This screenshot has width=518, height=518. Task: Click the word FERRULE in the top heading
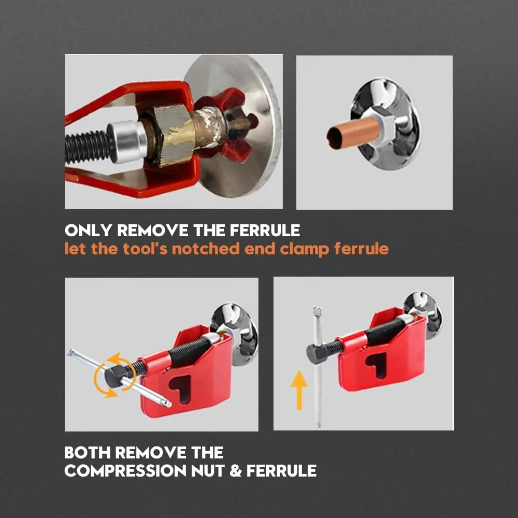click(x=265, y=231)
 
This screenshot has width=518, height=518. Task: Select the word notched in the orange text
click(x=206, y=249)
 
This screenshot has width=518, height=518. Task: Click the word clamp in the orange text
click(x=304, y=249)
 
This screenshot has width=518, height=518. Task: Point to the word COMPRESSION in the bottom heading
click(x=125, y=470)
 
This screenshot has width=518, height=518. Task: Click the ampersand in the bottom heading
click(x=235, y=470)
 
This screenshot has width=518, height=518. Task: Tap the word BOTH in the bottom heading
click(x=87, y=452)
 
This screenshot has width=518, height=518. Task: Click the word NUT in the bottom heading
click(x=208, y=470)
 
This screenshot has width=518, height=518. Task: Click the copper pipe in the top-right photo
click(x=353, y=133)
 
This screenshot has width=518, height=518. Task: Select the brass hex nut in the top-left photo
click(x=174, y=135)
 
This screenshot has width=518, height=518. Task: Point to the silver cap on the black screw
click(x=128, y=141)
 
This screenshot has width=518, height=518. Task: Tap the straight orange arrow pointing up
click(x=299, y=390)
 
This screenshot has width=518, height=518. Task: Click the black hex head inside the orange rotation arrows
click(x=114, y=375)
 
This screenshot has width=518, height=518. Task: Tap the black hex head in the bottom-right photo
click(x=316, y=353)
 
